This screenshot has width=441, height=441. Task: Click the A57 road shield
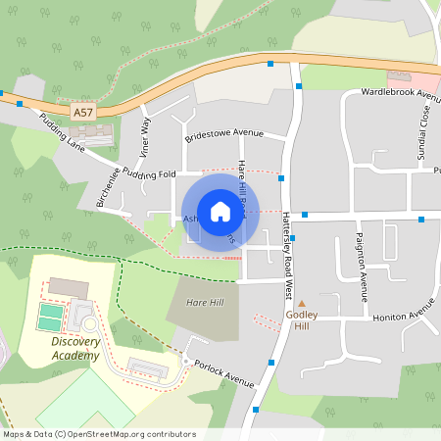click(x=83, y=114)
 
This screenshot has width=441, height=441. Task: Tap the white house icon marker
click(x=220, y=211)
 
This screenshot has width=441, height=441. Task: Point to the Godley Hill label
click(x=302, y=321)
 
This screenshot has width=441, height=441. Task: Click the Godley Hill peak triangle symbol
click(x=302, y=304)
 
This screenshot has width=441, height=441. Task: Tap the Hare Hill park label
click(x=204, y=303)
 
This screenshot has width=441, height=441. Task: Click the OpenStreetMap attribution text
click(x=99, y=434)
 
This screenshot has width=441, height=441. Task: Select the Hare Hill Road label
click(x=243, y=186)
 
